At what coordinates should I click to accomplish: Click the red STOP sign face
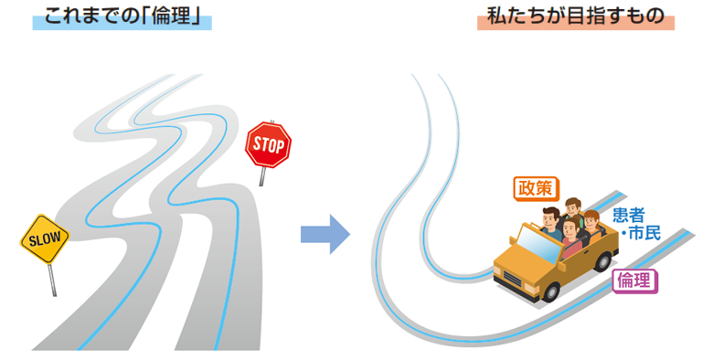pos(268,145)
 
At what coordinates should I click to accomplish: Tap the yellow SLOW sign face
pos(45,239)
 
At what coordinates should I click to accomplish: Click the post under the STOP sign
pos(262,176)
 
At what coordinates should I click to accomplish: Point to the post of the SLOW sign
pos(52,280)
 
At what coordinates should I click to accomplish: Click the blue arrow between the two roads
pos(325,234)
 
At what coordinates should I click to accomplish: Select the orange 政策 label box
pos(536,188)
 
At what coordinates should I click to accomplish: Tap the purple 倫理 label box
pos(634,281)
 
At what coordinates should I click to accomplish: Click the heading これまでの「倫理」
pos(122,17)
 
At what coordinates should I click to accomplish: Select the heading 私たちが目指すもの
pos(575,16)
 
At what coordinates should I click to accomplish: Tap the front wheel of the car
pos(550,292)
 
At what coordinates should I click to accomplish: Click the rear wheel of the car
pos(604,261)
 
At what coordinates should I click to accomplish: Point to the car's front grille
pos(513,281)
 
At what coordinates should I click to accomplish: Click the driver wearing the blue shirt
pos(551,223)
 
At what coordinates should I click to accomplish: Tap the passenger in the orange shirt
pos(592,224)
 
